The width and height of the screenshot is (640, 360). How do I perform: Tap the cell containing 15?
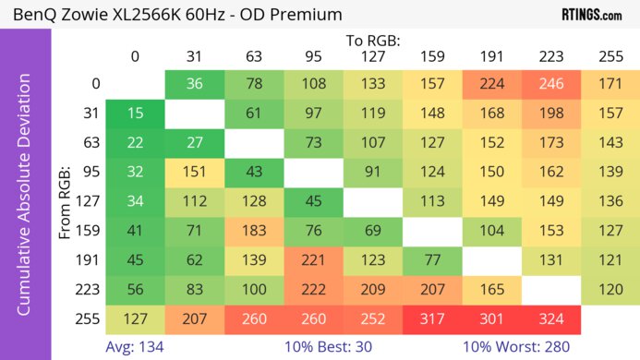pos(135,114)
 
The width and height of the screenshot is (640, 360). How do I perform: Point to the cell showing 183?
pos(254,231)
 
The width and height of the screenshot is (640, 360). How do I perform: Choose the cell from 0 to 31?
pos(194,84)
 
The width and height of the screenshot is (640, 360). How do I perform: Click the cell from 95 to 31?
pos(194,172)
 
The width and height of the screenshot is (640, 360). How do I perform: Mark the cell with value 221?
pos(313,259)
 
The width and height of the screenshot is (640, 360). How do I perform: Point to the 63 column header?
pos(254,57)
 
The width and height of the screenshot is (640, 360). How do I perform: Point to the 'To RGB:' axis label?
pos(373,41)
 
